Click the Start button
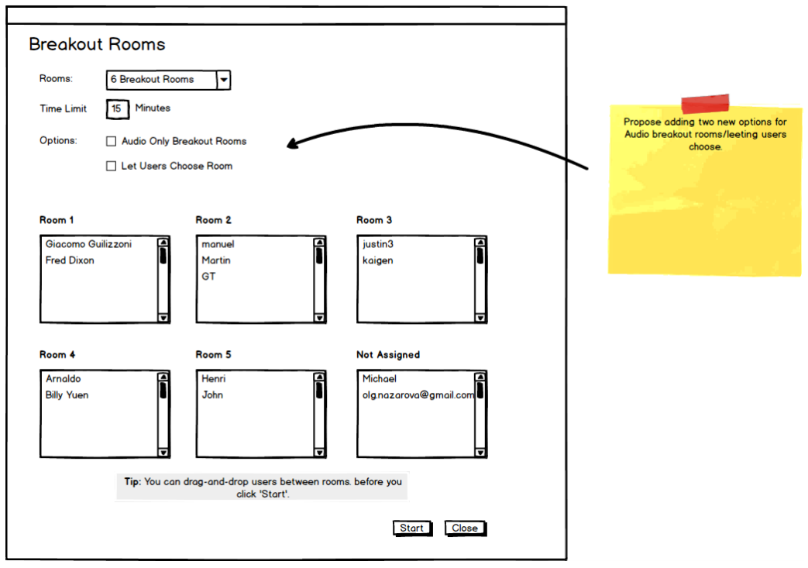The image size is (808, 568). (411, 528)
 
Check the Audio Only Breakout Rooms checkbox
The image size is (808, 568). (112, 142)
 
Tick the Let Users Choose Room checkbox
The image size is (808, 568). (112, 166)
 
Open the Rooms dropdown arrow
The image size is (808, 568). (223, 80)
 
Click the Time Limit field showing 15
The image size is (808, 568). (116, 109)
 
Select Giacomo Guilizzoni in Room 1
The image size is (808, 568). (88, 244)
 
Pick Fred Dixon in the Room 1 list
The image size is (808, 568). (70, 260)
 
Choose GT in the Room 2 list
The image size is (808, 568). (208, 277)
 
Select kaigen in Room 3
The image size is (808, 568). (378, 260)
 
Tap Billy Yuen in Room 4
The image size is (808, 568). (67, 395)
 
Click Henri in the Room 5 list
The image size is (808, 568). (213, 379)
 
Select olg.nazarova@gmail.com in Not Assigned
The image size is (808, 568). (418, 395)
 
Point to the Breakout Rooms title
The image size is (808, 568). (97, 44)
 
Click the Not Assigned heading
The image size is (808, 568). (387, 355)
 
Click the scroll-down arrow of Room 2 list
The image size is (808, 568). (319, 318)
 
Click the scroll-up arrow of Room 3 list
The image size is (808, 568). (480, 242)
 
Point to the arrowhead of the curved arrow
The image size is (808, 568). (291, 143)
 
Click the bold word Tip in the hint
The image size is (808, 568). (132, 482)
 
